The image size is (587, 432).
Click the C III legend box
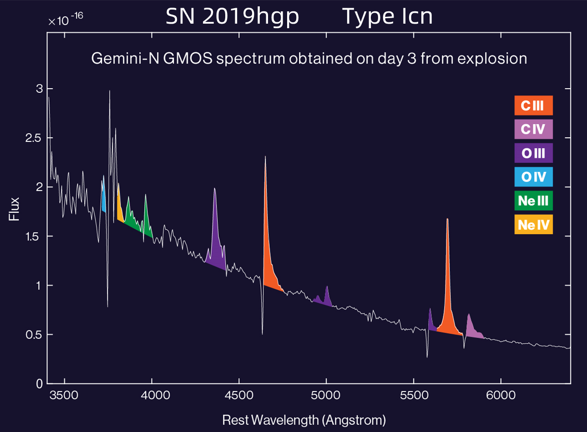(x=533, y=105)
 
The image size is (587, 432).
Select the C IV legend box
(x=533, y=129)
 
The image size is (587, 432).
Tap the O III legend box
(x=533, y=153)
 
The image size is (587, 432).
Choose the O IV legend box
(x=533, y=177)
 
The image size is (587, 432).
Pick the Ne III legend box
(x=533, y=201)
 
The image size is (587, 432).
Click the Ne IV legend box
(x=533, y=225)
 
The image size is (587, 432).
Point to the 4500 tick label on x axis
(x=239, y=395)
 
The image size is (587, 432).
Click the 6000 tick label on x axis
(x=501, y=395)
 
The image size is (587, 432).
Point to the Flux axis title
(x=15, y=209)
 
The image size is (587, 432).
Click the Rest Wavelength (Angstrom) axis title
(x=304, y=420)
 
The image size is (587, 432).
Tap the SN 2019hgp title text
(x=232, y=16)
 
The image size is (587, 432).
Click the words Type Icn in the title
(x=387, y=16)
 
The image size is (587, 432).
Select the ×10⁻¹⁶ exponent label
(x=66, y=20)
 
